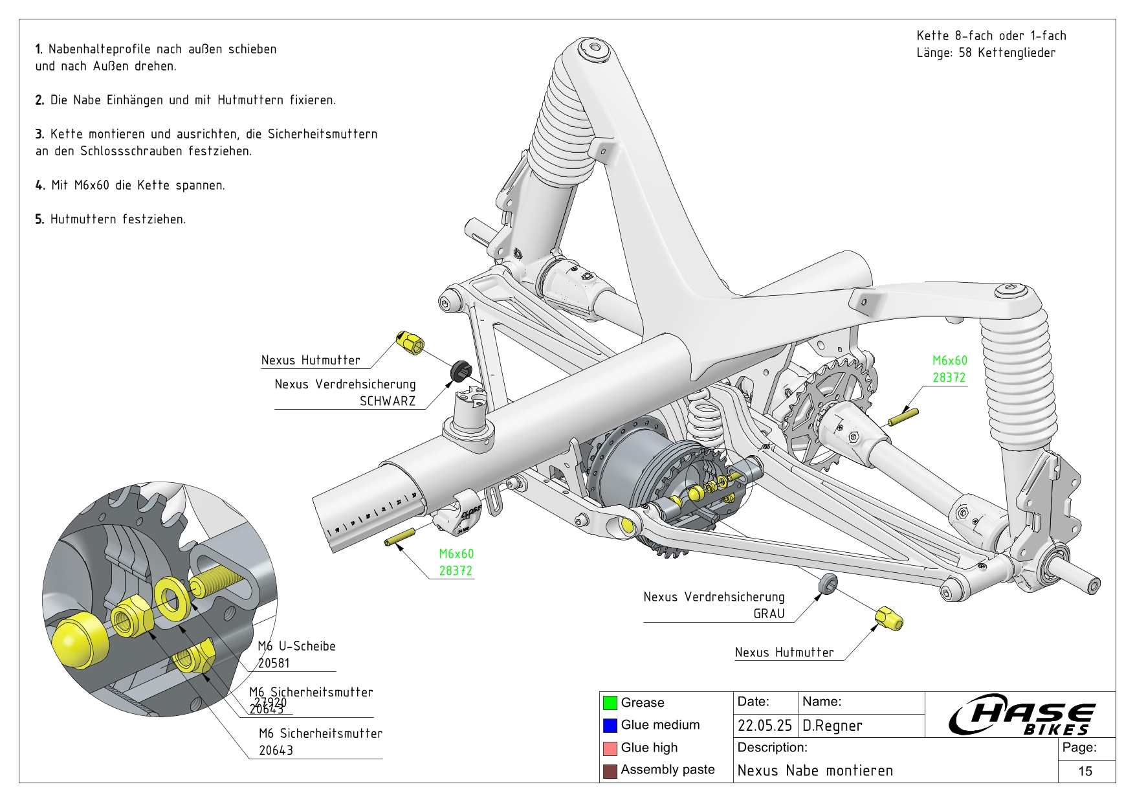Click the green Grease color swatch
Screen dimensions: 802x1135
click(x=610, y=702)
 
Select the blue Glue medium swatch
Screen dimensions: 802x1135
click(x=610, y=725)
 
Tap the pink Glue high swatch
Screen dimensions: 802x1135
click(x=610, y=748)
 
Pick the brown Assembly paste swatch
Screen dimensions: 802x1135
click(x=610, y=770)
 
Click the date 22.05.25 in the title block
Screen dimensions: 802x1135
click(x=764, y=726)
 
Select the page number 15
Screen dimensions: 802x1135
click(x=1085, y=771)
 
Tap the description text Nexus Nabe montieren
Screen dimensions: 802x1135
click(x=815, y=770)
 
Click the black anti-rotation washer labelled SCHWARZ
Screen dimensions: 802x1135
click(x=461, y=370)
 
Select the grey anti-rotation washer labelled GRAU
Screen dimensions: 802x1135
click(x=828, y=583)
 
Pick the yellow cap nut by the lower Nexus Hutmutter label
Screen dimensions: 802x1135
click(x=889, y=618)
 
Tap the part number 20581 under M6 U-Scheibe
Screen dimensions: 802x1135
click(x=274, y=663)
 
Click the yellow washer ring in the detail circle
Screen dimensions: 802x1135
click(x=172, y=596)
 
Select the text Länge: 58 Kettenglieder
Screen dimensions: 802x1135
click(x=986, y=53)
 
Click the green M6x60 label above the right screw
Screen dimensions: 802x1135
click(x=949, y=361)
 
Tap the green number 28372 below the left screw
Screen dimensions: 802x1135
click(x=456, y=571)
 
